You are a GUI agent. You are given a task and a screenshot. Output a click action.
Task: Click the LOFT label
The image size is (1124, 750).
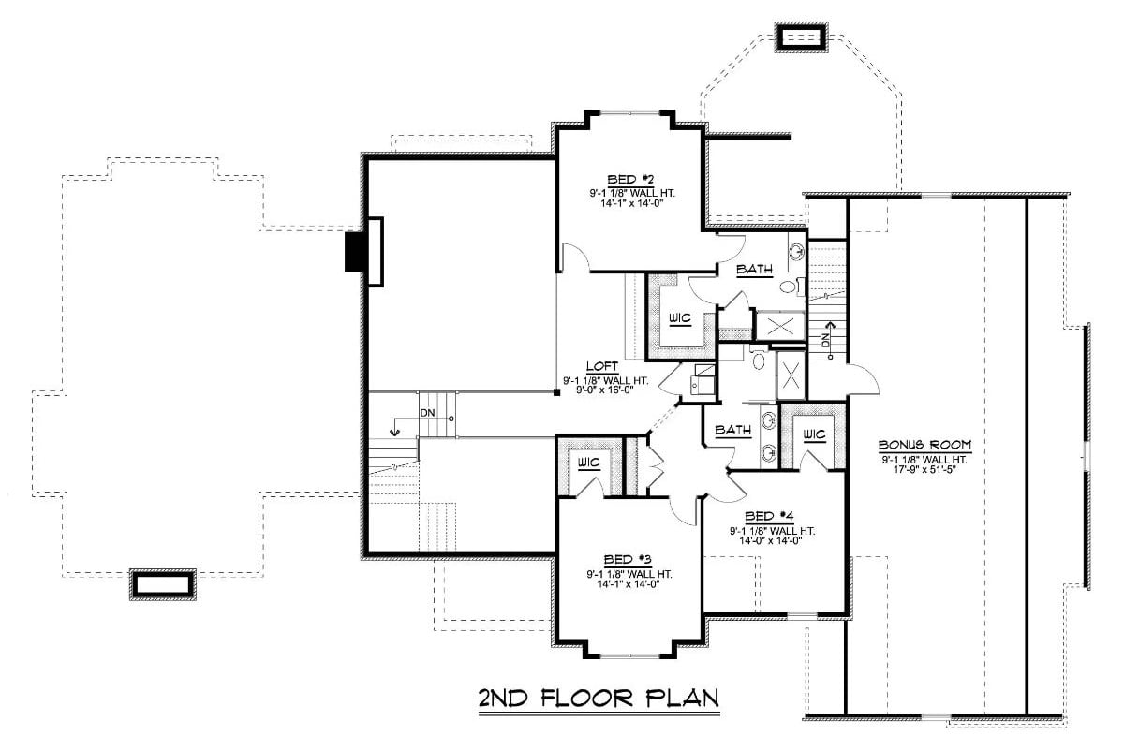tap(601, 367)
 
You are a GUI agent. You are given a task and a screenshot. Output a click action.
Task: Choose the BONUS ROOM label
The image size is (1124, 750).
tap(924, 444)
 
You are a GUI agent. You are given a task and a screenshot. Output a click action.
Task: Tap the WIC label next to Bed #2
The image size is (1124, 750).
tap(680, 318)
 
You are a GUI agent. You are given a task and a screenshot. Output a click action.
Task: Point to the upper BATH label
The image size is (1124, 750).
tap(754, 271)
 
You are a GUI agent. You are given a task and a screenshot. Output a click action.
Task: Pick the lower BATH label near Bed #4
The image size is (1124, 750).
tap(732, 431)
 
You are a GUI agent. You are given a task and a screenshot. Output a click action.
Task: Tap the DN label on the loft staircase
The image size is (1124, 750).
tap(427, 413)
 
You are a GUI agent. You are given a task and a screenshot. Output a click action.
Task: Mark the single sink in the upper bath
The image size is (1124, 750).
tap(796, 251)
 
